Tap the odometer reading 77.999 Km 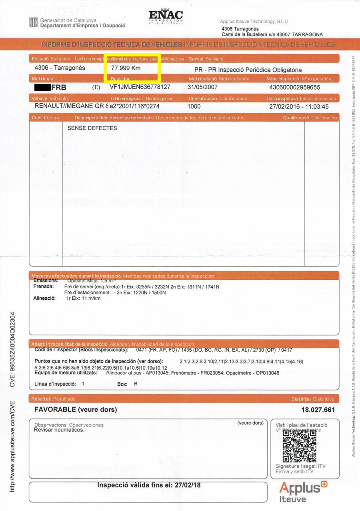[x=126, y=68]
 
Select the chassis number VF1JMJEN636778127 [x=140, y=87]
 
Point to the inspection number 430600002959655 [x=294, y=87]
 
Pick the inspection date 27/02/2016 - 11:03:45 [x=299, y=107]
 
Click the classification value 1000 [x=194, y=107]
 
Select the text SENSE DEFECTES [x=92, y=128]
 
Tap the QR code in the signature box [x=299, y=445]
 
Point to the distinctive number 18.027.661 [x=318, y=410]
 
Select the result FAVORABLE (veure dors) [x=76, y=409]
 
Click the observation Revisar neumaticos [x=59, y=430]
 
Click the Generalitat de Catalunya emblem [x=33, y=22]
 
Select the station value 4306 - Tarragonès [x=60, y=68]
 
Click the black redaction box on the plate [x=43, y=87]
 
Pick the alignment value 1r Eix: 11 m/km [x=83, y=299]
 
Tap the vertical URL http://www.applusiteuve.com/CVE [x=12, y=447]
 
